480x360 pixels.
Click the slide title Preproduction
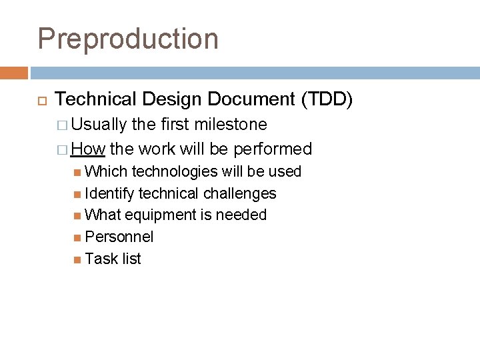coord(128,39)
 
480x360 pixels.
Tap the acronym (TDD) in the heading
coord(327,99)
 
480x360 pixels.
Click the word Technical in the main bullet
coord(95,99)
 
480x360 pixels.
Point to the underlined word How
coord(88,148)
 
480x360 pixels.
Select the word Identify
coord(110,194)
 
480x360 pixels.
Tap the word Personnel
coord(119,237)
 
